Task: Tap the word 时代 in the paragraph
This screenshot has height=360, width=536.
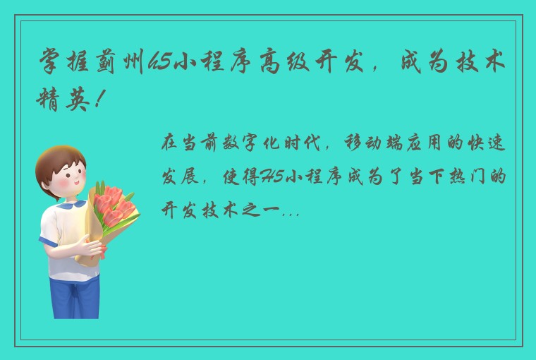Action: point(308,143)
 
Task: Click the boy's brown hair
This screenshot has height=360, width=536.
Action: point(59,160)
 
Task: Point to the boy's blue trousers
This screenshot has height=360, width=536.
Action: point(74,293)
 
